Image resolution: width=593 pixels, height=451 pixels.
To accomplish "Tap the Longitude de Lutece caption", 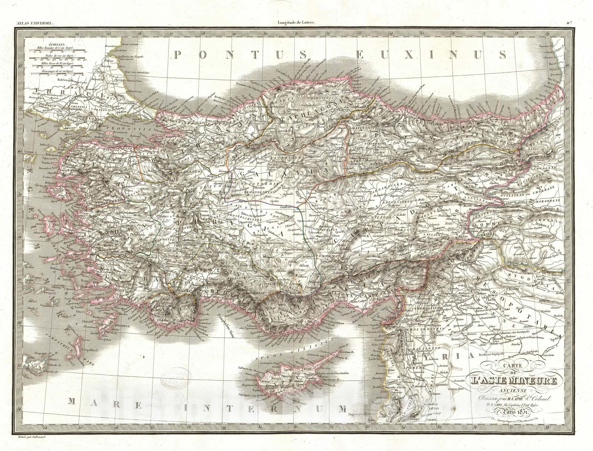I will pyautogui.click(x=296, y=23).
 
